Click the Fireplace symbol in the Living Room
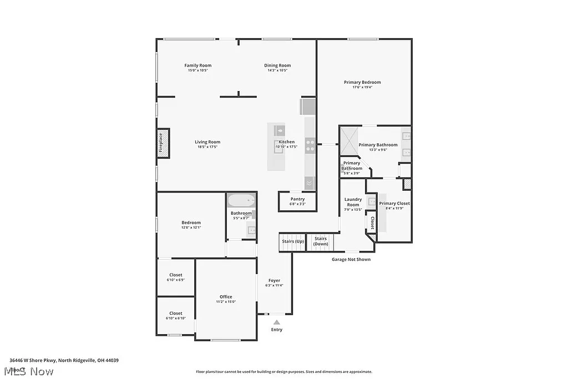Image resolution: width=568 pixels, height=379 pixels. coord(163,143)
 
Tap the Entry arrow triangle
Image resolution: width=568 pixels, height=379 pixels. coord(276,322)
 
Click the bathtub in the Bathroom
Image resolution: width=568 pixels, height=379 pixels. coord(241,200)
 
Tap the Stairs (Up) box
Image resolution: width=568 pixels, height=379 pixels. coord(292,242)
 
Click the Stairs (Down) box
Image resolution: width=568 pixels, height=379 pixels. coord(321,241)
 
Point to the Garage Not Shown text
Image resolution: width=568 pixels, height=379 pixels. coord(351,259)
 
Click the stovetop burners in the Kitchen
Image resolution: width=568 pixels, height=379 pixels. coord(310,145)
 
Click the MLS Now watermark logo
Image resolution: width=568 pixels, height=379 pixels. coord(28,371)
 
